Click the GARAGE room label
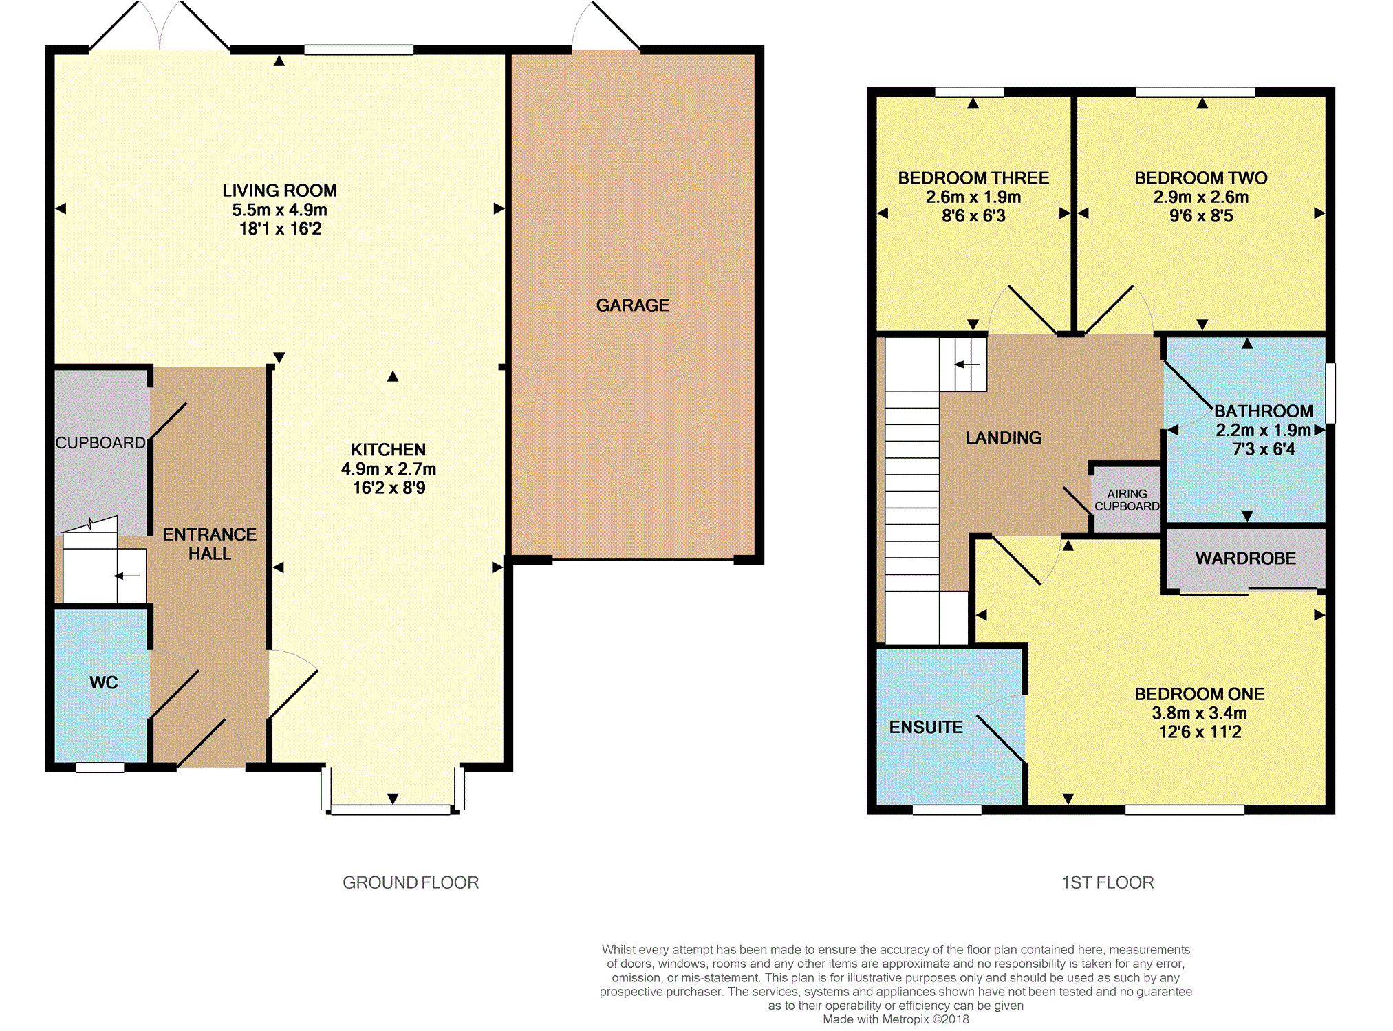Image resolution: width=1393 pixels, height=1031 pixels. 632,305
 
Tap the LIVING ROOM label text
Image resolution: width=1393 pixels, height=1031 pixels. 279,191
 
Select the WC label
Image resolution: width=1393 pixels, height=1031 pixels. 104,683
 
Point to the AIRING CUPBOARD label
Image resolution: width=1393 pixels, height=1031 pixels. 1127,500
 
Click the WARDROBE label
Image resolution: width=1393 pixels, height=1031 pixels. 1245,558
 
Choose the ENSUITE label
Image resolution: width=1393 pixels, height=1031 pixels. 926,728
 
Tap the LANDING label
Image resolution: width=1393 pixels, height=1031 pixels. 1004,438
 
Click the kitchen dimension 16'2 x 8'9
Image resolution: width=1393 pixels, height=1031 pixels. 389,488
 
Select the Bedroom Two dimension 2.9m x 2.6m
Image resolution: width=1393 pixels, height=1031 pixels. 1201,197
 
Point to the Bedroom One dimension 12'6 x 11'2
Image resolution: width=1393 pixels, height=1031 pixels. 1200,732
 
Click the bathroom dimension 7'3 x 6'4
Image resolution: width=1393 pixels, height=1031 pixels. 1264,450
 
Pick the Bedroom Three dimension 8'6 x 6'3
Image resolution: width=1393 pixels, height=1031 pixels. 973,217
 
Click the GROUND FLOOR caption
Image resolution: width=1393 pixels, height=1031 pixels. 411,882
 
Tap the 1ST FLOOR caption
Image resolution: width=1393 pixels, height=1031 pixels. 1108,882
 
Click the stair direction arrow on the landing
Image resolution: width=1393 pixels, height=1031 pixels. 967,364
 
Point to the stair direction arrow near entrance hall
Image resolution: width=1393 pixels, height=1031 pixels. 127,576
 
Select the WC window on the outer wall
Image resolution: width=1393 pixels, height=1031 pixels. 100,768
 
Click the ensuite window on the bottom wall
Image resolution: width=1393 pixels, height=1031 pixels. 947,810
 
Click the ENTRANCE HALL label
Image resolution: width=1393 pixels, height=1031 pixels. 210,544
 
